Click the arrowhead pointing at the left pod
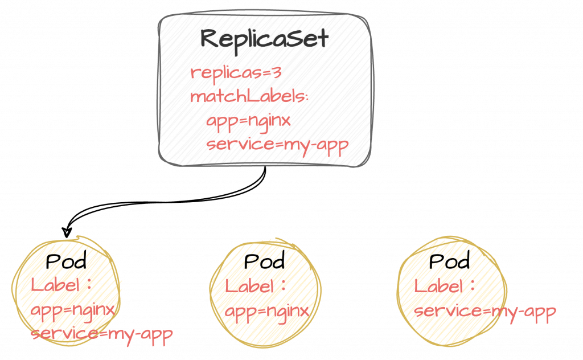pos(67,232)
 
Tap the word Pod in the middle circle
pos(264,261)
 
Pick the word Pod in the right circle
pos(450,261)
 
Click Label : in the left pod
pos(60,285)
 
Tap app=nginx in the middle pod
pos(266,312)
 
